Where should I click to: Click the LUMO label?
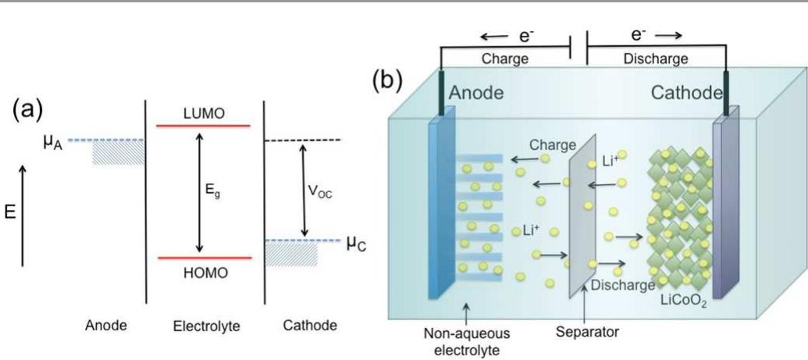point(204,113)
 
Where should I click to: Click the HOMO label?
point(203,273)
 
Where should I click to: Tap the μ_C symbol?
point(355,244)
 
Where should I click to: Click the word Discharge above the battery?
point(657,59)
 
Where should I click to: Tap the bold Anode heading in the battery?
point(475,93)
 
